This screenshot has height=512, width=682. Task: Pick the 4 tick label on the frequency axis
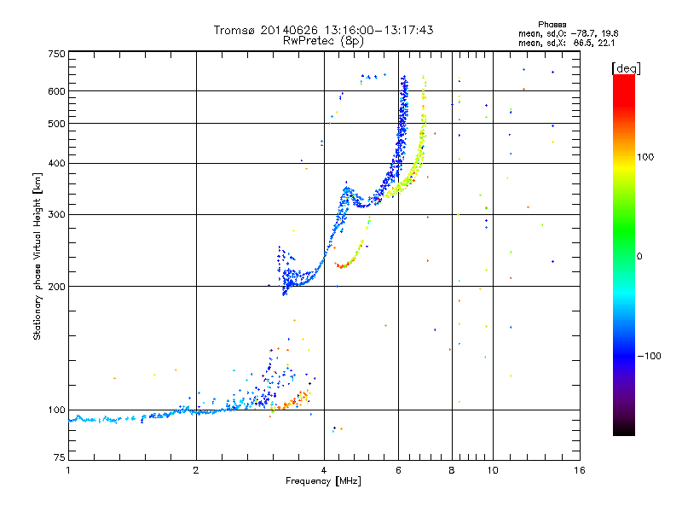coord(324,470)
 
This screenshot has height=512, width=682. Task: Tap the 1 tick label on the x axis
coord(68,470)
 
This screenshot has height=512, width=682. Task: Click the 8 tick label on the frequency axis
coord(452,470)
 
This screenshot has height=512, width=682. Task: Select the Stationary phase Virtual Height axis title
coord(38,256)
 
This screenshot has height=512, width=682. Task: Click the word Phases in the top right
coord(553,24)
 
